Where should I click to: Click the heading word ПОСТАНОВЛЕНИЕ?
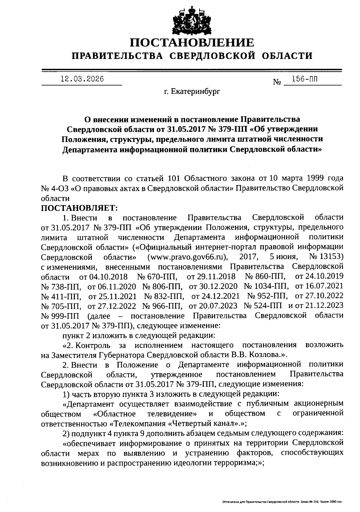coord(192,43)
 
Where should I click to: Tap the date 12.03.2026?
coord(82,79)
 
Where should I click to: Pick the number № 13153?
coord(326,257)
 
